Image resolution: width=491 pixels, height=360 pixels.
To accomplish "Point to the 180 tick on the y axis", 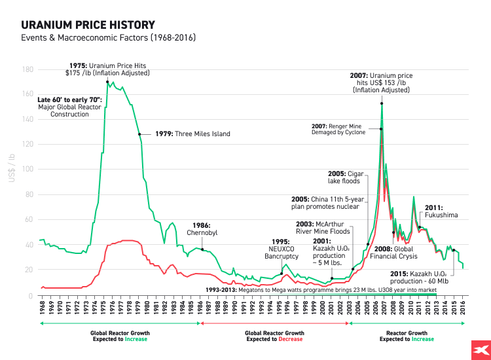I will (x=28, y=69).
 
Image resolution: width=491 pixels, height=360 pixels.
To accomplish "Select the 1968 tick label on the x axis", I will (x=42, y=310).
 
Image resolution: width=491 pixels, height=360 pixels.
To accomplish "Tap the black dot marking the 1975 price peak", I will (x=107, y=82).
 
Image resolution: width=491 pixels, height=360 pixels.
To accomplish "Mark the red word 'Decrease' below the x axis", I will (x=291, y=339).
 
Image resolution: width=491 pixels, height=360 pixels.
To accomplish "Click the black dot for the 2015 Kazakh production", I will (x=454, y=250).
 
